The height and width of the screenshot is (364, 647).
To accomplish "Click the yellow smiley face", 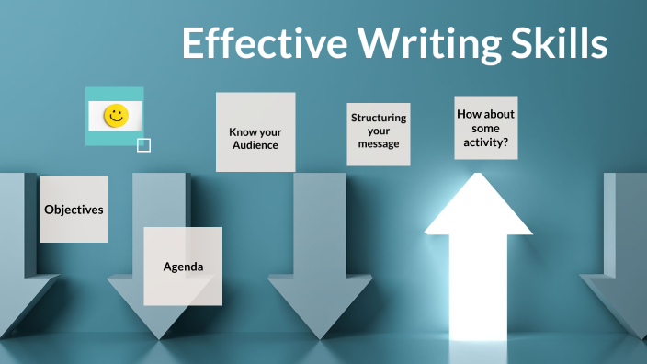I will pos(116,115).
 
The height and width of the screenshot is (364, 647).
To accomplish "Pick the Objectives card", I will pos(74,209).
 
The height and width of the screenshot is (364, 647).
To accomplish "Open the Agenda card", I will pos(183,267).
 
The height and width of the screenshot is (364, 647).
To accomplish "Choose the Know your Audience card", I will pos(255,131).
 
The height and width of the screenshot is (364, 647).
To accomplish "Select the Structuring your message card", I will pos(378,133).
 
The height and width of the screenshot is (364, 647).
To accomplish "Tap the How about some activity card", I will pos(485,127).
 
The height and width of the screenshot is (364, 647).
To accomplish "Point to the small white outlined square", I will pos(143,144).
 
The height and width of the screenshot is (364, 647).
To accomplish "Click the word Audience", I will pos(255,145).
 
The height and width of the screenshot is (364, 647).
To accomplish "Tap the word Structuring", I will pos(379,118).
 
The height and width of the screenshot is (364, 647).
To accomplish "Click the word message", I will pos(379,144).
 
